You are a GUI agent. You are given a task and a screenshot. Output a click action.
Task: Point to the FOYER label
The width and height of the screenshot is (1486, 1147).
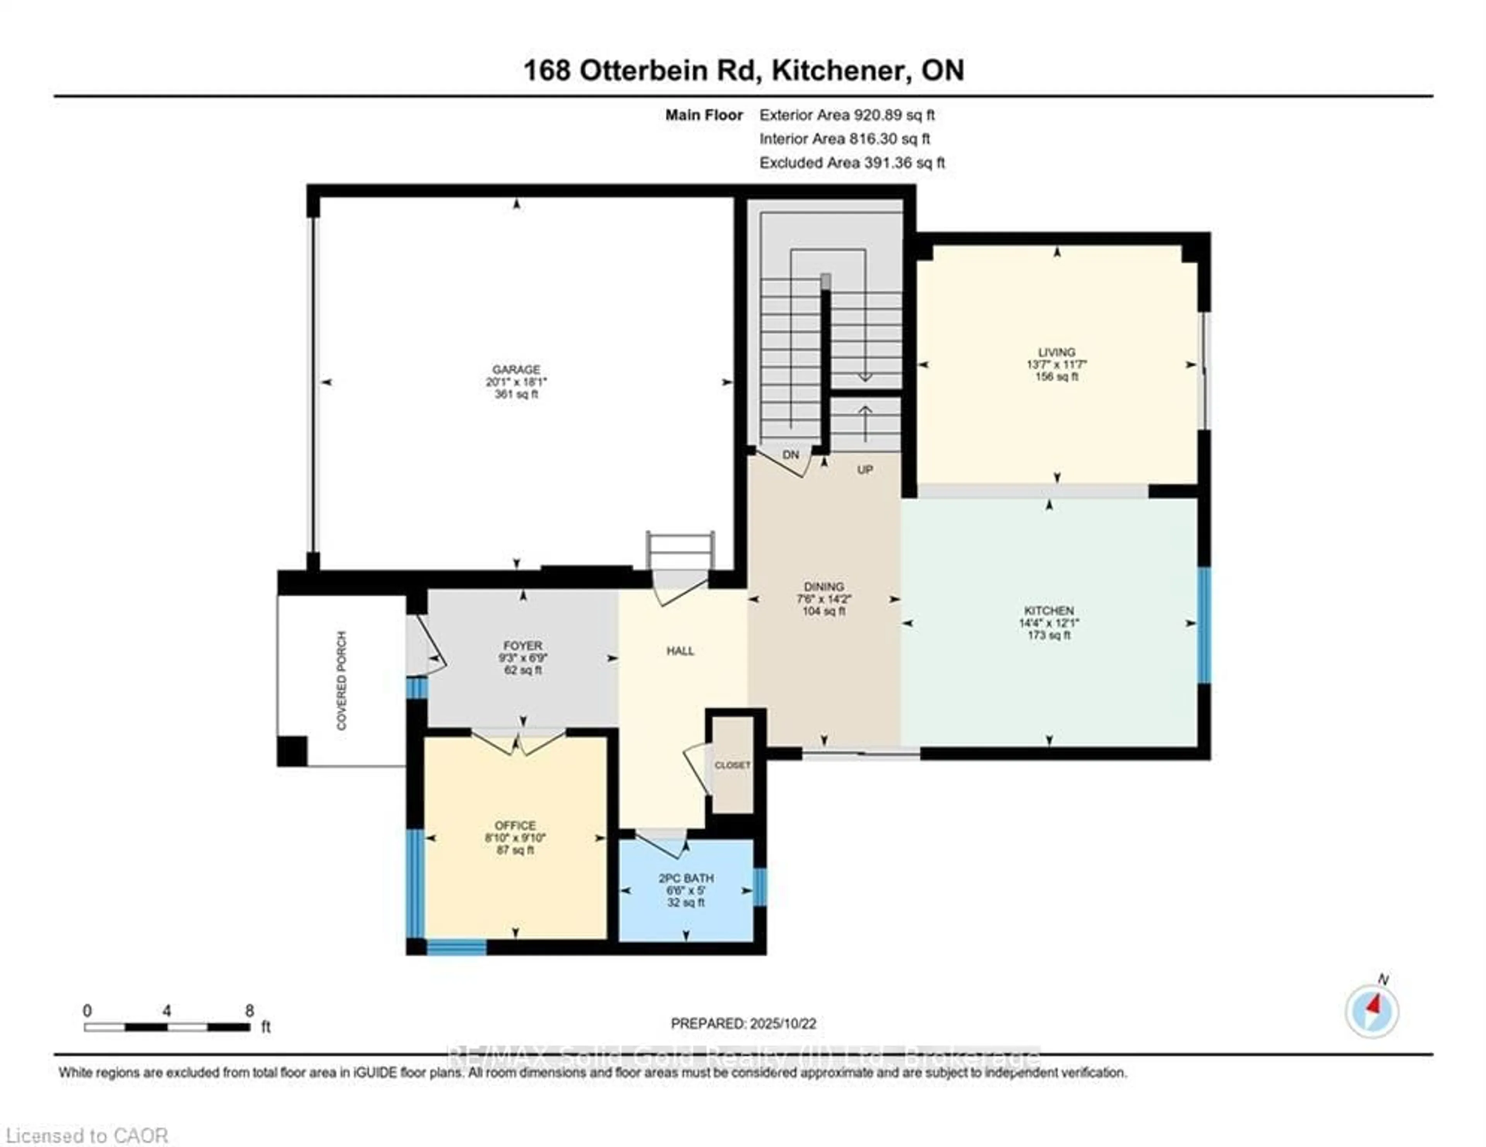pos(522,645)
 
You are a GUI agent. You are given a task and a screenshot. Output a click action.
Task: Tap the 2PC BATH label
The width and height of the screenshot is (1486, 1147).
pos(686,878)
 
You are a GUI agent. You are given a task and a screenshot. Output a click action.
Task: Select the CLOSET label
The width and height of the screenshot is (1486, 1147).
pos(732,765)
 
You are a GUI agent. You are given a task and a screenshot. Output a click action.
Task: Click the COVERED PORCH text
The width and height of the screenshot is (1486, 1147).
pos(342,680)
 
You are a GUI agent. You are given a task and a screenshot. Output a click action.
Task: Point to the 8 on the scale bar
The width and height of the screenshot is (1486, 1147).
pos(249,1010)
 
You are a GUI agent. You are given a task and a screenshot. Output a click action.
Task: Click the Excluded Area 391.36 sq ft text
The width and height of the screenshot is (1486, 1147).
pos(852,163)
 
